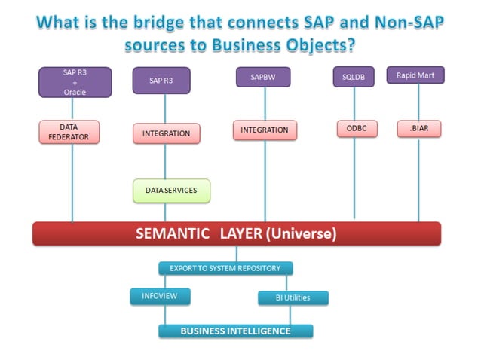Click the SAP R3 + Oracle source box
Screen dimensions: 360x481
pyautogui.click(x=75, y=82)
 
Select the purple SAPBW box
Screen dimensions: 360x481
pyautogui.click(x=265, y=77)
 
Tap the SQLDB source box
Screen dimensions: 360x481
pyautogui.click(x=354, y=77)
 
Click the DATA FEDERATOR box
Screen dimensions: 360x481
pyautogui.click(x=74, y=132)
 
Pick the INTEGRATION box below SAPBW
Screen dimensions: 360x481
pyautogui.click(x=265, y=130)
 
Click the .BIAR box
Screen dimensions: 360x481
pyautogui.click(x=419, y=129)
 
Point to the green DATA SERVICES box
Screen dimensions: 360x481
pyautogui.click(x=171, y=191)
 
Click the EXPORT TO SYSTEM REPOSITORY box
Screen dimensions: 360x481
pyautogui.click(x=225, y=268)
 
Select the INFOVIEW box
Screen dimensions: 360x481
pyautogui.click(x=159, y=296)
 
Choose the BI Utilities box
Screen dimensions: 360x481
pyautogui.click(x=293, y=298)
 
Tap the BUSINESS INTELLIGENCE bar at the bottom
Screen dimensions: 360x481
pyautogui.click(x=235, y=331)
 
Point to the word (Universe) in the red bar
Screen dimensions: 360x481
pyautogui.click(x=300, y=234)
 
